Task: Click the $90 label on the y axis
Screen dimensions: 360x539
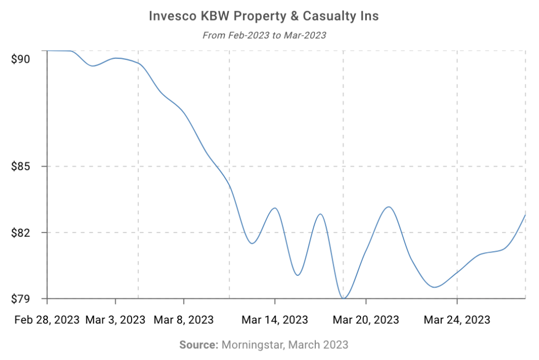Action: coord(21,59)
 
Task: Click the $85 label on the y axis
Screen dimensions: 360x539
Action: coord(21,167)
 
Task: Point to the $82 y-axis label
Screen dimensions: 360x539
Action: coord(21,233)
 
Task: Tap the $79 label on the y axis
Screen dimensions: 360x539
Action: coord(21,299)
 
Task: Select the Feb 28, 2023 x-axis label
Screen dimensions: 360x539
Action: coord(47,319)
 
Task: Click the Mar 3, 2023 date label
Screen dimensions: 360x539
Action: coord(115,319)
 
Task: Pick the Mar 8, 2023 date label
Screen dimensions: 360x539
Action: coord(184,319)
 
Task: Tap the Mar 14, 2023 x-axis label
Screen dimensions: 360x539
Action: coord(275,319)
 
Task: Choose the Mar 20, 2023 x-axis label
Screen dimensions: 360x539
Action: coord(366,319)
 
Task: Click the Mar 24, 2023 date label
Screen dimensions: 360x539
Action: coord(457,319)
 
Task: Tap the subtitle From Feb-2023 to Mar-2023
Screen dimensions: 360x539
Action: coord(264,36)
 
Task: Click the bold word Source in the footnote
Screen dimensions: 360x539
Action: coord(198,345)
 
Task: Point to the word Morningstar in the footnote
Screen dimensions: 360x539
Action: coord(251,345)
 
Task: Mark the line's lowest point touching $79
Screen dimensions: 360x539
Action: coord(344,298)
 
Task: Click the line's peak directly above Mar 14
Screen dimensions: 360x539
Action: coord(274,208)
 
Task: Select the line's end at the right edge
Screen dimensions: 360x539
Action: coord(525,215)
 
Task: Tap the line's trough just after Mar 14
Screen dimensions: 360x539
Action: coord(297,275)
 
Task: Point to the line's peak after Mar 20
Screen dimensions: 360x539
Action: coord(388,207)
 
